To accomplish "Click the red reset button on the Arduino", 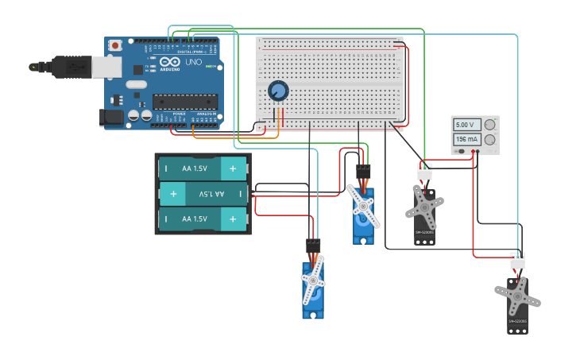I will (116, 46).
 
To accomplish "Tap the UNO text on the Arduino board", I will (193, 62).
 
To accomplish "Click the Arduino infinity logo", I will (169, 62).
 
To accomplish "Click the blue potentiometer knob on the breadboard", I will (278, 91).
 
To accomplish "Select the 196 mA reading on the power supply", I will (466, 140).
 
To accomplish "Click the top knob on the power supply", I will (490, 125).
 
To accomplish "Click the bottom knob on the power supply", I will (490, 141).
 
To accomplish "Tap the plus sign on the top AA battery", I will (233, 168).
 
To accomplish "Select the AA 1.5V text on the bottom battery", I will (195, 219).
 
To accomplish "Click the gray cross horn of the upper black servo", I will (425, 207).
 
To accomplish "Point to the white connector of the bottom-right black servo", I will (517, 261).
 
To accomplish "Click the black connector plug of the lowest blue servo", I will (313, 246).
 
